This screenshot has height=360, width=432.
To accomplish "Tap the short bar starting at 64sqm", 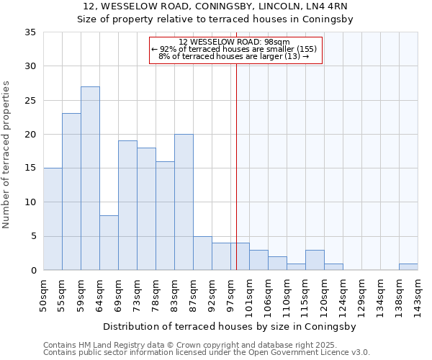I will point(109,243).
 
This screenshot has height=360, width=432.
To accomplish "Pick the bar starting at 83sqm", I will point(184,202).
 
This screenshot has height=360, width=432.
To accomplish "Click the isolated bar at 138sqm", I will point(408,267).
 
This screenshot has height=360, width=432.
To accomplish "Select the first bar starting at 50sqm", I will point(53,219).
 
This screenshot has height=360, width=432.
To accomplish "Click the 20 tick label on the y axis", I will point(30,135).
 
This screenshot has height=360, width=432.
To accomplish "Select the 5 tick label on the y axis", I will point(33,237).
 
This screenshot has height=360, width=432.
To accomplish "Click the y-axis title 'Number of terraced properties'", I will point(7,154).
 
